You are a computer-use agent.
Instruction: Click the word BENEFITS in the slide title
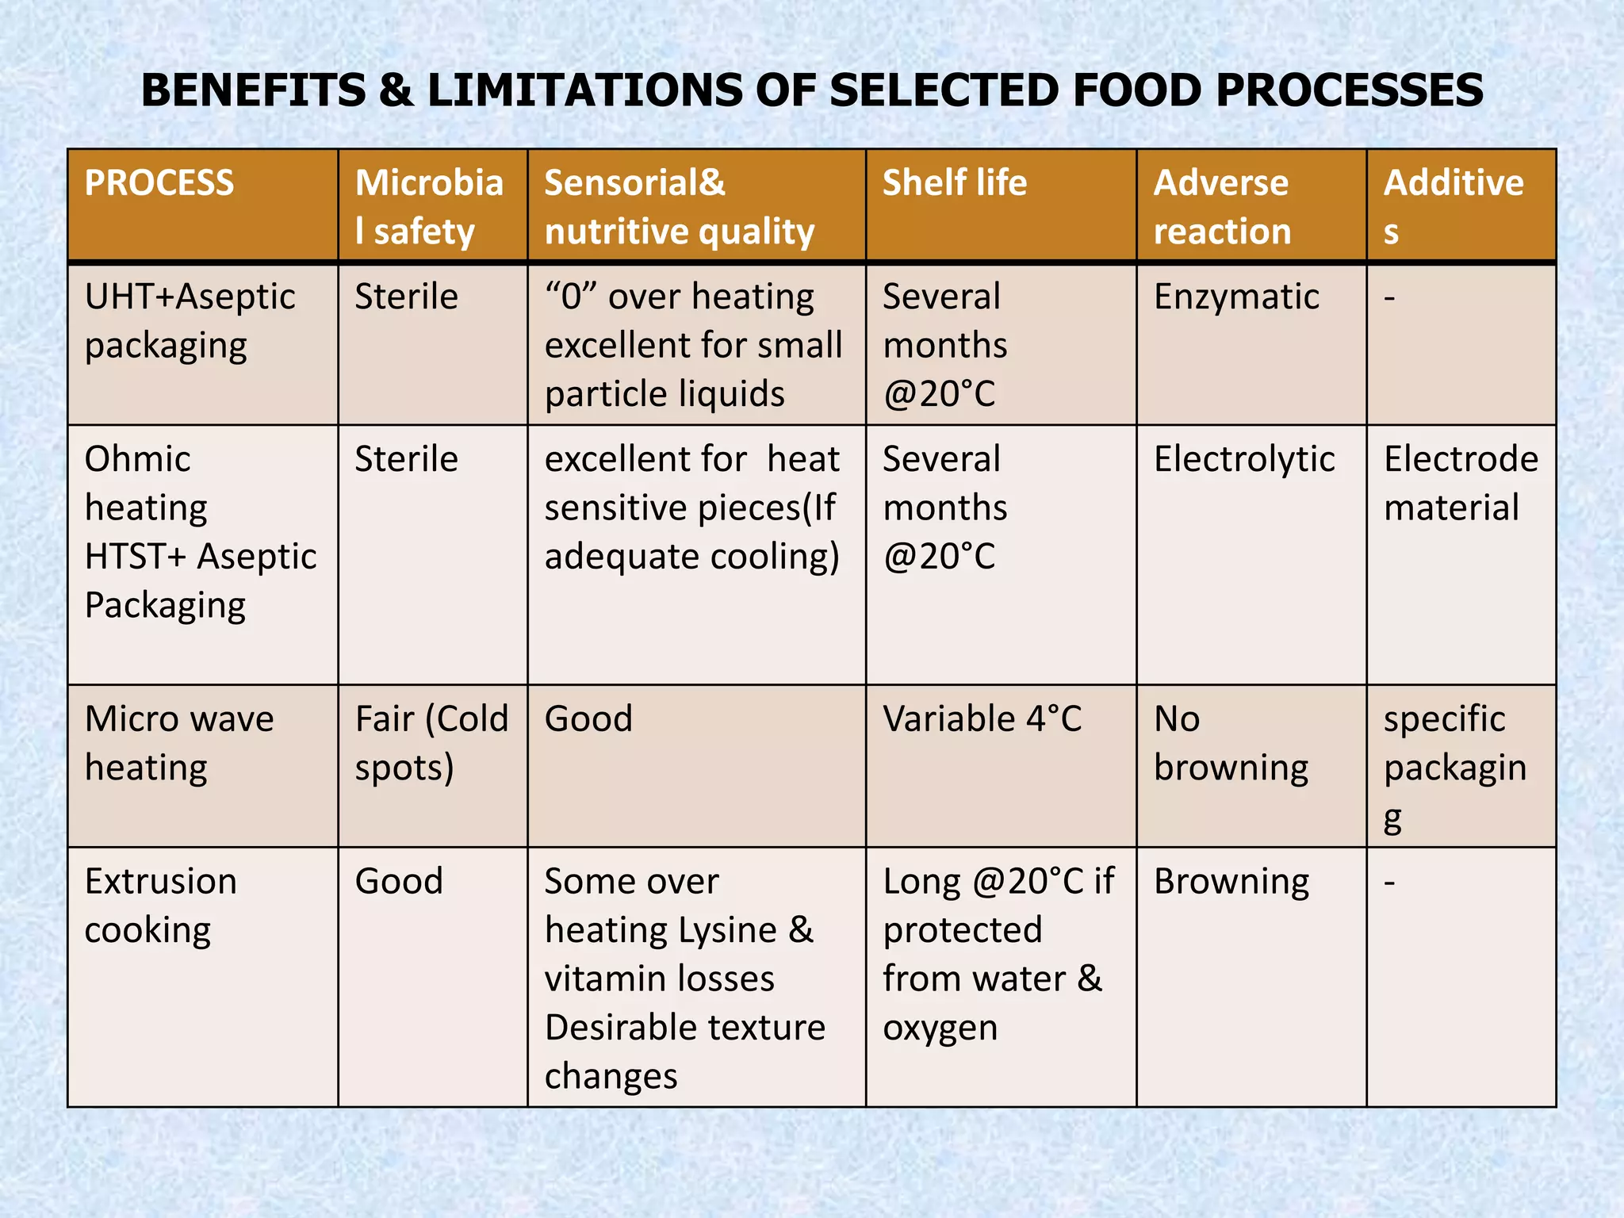tap(253, 90)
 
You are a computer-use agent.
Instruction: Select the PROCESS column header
tap(159, 183)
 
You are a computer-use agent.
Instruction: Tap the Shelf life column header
tap(955, 183)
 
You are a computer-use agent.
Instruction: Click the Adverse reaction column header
tap(1222, 207)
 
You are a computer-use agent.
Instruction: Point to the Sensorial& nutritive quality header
tap(679, 207)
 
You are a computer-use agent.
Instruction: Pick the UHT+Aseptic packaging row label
tap(190, 321)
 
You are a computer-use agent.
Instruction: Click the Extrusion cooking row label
tap(160, 906)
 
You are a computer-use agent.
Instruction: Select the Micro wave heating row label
tap(179, 743)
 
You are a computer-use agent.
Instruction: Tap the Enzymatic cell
tap(1236, 297)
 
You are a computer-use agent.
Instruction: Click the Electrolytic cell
tap(1244, 460)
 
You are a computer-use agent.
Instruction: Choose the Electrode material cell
tap(1461, 483)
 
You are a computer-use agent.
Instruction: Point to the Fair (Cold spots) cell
tap(431, 743)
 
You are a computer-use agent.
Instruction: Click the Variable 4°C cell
tap(982, 719)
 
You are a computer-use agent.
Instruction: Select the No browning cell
tap(1231, 743)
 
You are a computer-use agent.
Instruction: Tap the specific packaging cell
tap(1454, 767)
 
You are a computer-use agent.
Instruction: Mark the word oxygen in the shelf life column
tap(940, 1028)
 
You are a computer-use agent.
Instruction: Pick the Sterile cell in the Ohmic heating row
tap(406, 460)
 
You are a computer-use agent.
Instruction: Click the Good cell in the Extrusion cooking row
tap(399, 882)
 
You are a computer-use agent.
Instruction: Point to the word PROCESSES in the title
tap(1349, 90)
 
